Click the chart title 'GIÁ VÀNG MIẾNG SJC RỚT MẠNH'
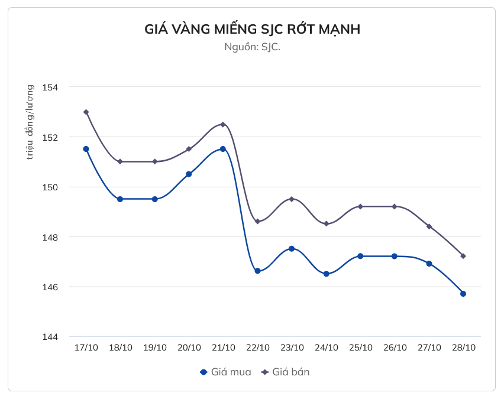click(252, 30)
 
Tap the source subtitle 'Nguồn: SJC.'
click(252, 47)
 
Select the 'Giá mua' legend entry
click(225, 372)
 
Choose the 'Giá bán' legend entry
click(286, 372)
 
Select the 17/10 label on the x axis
click(86, 348)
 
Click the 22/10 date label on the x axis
click(257, 348)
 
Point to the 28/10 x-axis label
click(463, 348)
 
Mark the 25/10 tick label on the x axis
click(360, 348)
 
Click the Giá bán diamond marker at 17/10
click(86, 112)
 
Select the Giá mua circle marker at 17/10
click(86, 149)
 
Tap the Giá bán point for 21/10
click(223, 124)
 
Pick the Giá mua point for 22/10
click(257, 271)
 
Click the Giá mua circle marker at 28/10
click(463, 294)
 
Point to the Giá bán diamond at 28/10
click(463, 256)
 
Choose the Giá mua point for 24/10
click(326, 274)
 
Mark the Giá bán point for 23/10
click(292, 199)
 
